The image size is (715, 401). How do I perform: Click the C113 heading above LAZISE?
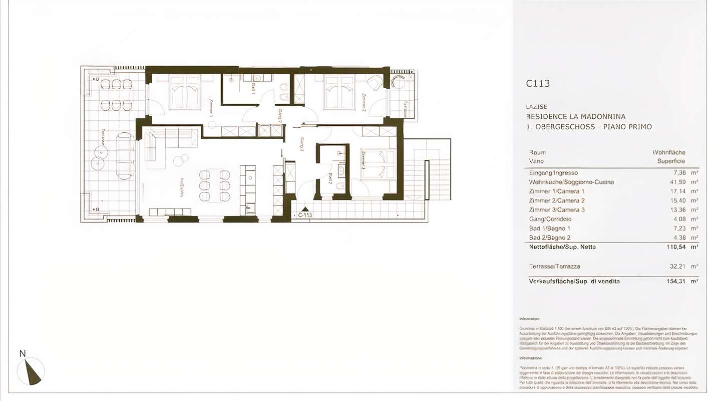coord(538,84)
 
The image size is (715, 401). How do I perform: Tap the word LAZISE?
coord(536,107)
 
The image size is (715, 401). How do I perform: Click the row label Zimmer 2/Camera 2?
coord(556,200)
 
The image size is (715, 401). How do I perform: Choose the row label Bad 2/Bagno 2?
coord(550,238)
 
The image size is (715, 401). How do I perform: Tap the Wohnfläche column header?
coord(668,152)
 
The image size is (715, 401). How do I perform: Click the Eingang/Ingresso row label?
coord(553,173)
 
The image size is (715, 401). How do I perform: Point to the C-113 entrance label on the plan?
coord(305,215)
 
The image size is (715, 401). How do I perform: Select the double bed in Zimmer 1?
coord(185,92)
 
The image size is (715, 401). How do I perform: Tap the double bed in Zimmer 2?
coord(339,92)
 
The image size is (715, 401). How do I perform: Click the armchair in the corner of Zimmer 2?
coord(375,82)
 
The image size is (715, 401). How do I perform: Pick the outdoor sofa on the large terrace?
coord(125,155)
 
